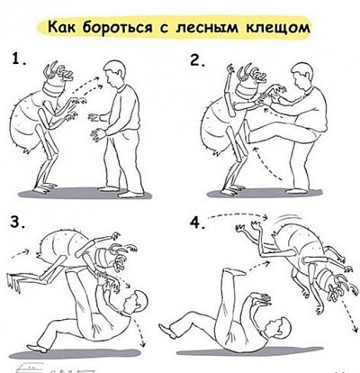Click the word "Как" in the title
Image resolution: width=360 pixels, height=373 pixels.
(62, 28)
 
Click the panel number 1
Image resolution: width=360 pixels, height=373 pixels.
(18, 59)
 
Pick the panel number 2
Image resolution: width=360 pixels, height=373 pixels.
(198, 60)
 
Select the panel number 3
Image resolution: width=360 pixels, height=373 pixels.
(17, 223)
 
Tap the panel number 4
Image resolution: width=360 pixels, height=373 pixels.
(198, 223)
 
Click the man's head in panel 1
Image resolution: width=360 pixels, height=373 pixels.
(114, 74)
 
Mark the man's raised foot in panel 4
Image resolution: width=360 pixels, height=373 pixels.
(233, 272)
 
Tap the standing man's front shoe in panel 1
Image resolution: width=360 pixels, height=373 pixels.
(132, 195)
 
